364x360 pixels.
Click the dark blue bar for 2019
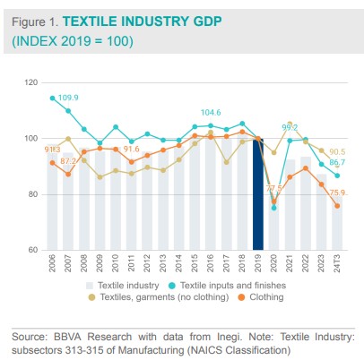[258, 193]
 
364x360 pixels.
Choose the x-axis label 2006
[52, 264]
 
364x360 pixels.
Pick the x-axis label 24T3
[336, 264]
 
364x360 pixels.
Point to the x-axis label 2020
[274, 264]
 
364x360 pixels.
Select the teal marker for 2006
[52, 99]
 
